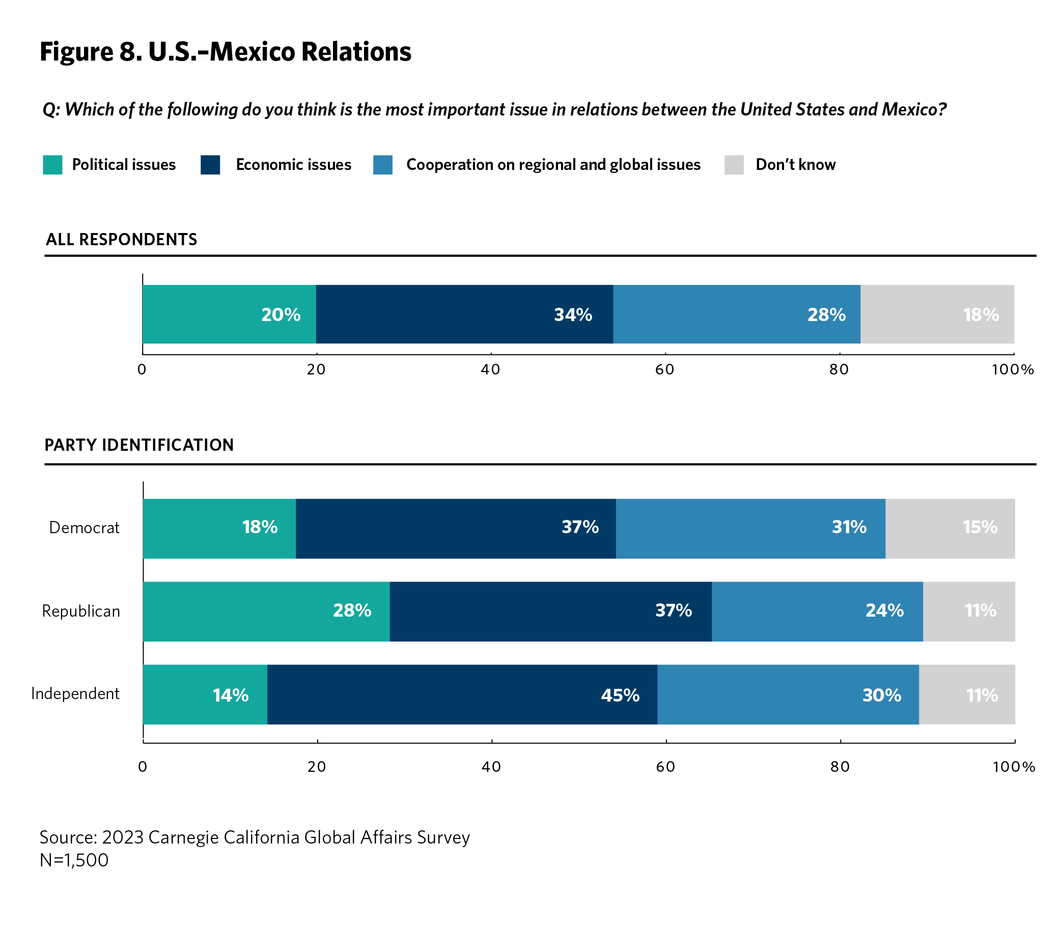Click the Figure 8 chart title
(x=226, y=52)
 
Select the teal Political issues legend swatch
(x=52, y=165)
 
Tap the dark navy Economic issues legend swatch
(x=210, y=165)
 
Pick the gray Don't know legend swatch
(x=734, y=165)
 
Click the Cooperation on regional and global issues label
(x=553, y=165)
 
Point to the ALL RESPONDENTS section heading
(x=121, y=239)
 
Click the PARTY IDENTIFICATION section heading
(x=139, y=445)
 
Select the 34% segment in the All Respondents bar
(x=464, y=314)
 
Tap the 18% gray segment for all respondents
(x=937, y=314)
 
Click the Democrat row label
(x=84, y=528)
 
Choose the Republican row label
(x=81, y=611)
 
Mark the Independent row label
(x=75, y=693)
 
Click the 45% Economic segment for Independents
(x=462, y=694)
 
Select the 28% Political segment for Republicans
(x=266, y=611)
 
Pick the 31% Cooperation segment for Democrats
(x=750, y=528)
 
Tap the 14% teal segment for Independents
(x=205, y=694)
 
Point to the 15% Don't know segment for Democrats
(x=950, y=528)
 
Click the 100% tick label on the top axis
(x=1012, y=370)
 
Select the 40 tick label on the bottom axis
(x=491, y=766)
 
